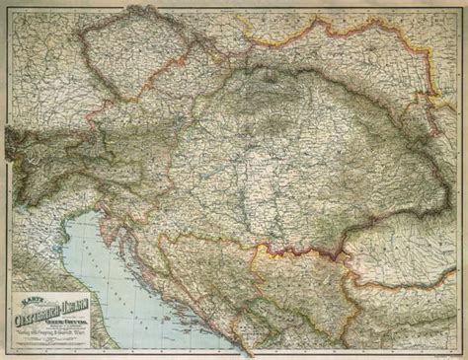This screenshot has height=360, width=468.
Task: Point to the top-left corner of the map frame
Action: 3,3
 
